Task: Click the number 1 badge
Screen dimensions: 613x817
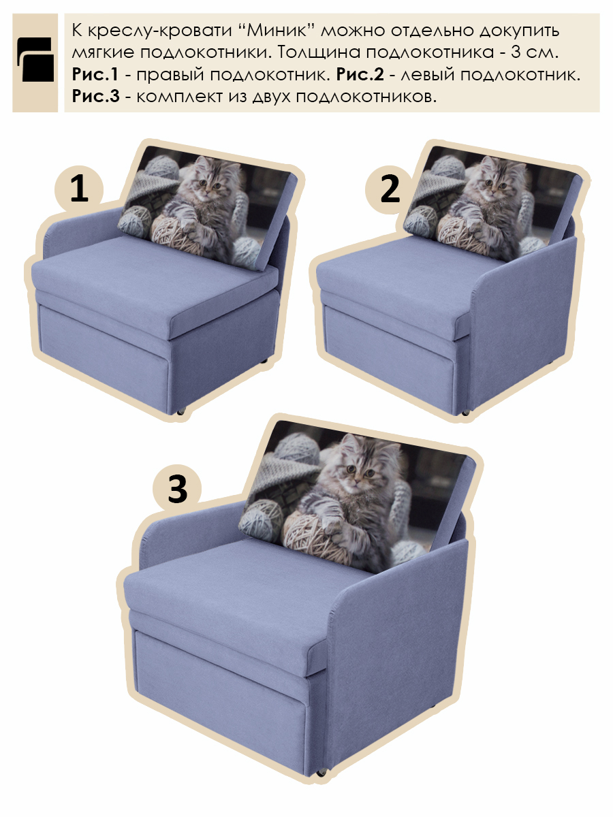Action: (79, 190)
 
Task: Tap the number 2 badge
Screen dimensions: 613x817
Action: (390, 190)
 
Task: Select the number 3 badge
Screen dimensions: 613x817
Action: (177, 489)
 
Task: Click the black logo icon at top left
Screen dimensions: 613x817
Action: (35, 59)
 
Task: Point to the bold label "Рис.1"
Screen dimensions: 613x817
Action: (95, 74)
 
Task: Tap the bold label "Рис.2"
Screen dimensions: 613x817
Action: (360, 74)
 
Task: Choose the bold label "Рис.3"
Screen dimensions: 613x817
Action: (95, 97)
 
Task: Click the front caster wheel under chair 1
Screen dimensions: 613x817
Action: (181, 411)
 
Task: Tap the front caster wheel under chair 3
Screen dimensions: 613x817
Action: (320, 773)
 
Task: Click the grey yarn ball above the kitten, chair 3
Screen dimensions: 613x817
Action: (297, 447)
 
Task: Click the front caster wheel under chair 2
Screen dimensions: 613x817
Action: (466, 413)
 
